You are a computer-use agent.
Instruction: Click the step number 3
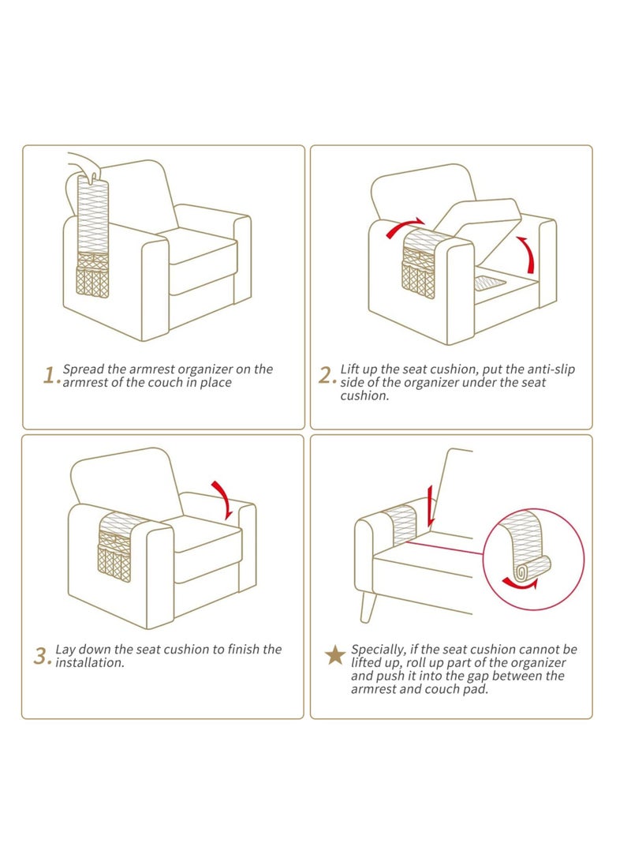[x=42, y=655]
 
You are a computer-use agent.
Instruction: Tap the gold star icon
[x=335, y=654]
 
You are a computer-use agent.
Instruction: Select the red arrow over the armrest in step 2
[x=405, y=227]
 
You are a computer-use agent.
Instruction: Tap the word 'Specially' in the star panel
[x=379, y=649]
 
